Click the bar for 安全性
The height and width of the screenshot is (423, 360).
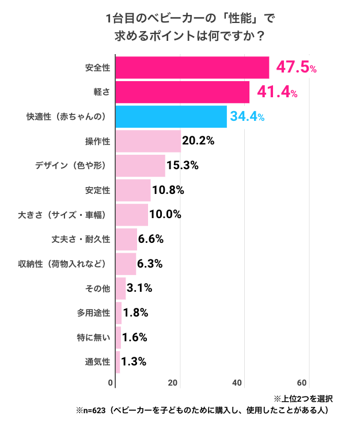click(192, 67)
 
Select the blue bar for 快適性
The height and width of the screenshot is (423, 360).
click(171, 116)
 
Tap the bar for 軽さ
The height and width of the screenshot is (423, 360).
click(183, 92)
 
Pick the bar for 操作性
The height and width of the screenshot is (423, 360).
click(148, 141)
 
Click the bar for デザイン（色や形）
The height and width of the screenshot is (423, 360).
click(140, 166)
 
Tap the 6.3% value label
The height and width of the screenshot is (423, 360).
click(150, 264)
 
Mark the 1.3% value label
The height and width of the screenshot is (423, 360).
click(134, 362)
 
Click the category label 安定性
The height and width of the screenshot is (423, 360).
click(97, 190)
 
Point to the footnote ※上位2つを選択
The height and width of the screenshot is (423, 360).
click(303, 398)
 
